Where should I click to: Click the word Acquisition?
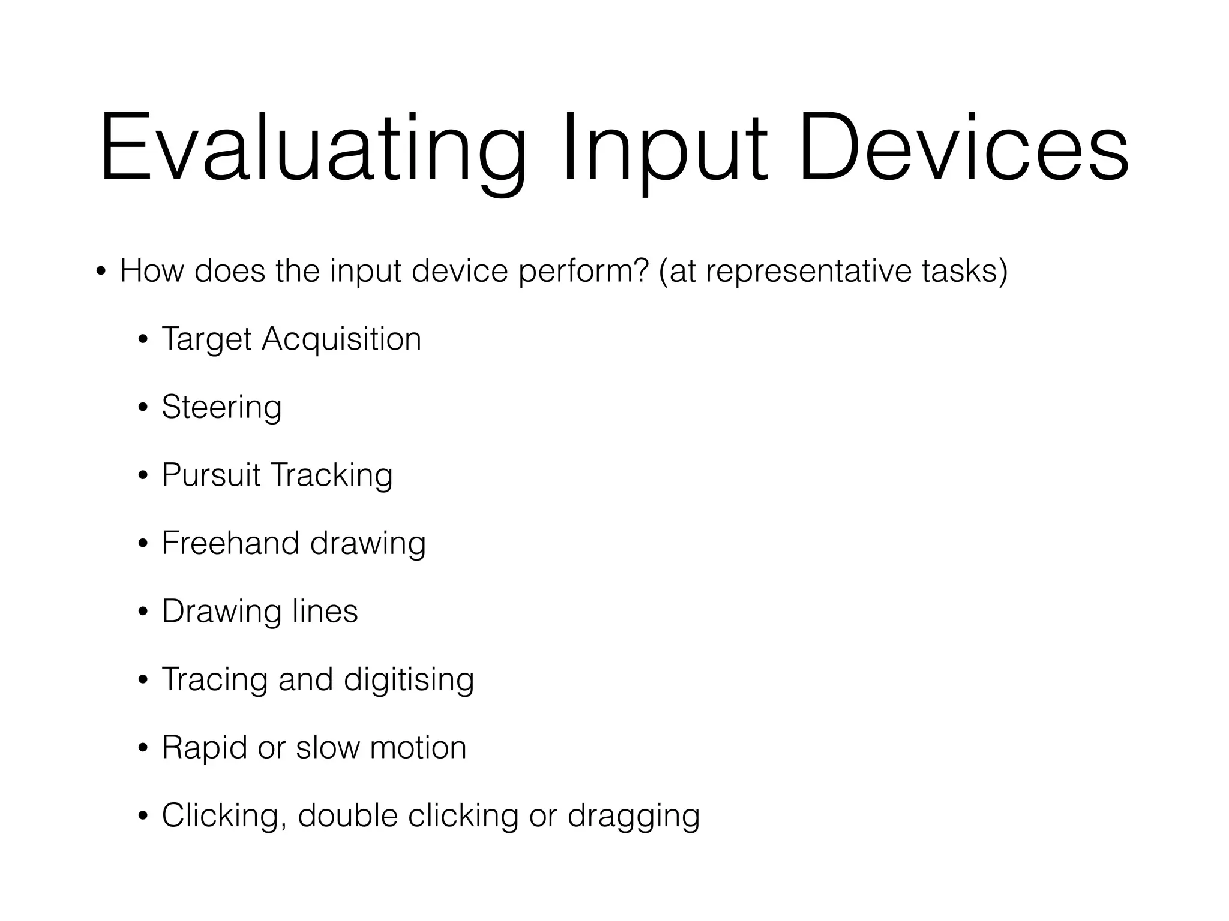[x=341, y=339]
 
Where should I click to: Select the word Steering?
[x=221, y=407]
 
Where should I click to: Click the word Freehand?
[x=230, y=543]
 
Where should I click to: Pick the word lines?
[x=325, y=611]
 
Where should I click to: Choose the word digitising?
[x=409, y=679]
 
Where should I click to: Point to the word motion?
[x=418, y=748]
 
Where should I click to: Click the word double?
[x=348, y=815]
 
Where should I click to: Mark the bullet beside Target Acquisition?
[x=143, y=341]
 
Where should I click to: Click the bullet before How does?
[x=101, y=272]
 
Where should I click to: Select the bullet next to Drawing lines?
[x=143, y=613]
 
